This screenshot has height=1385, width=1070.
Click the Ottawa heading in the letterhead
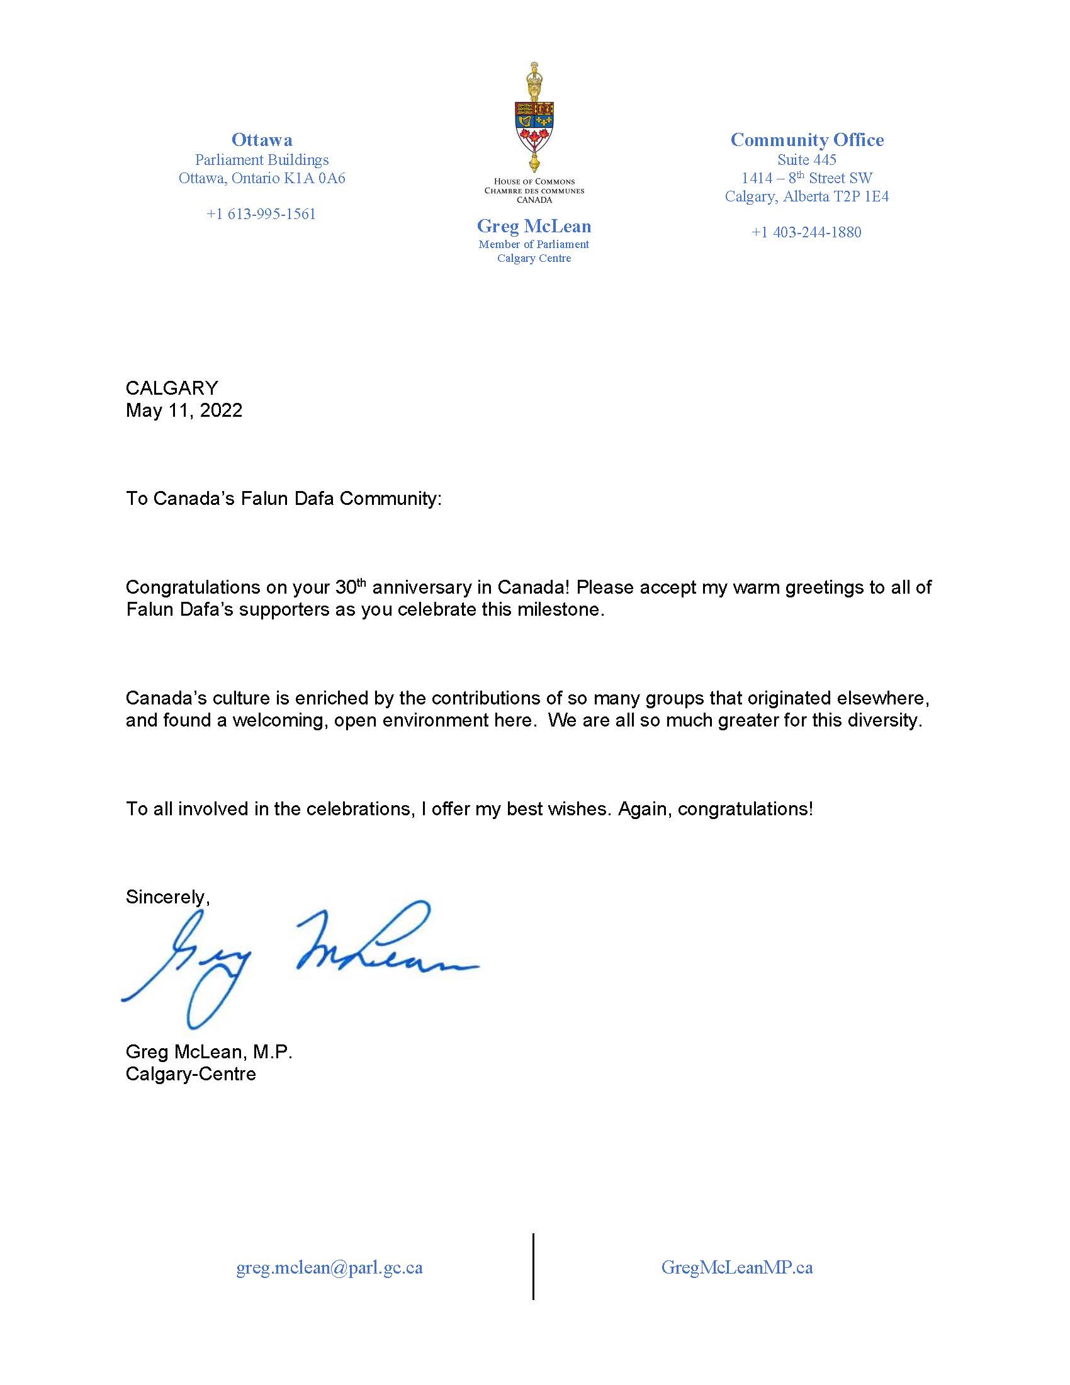click(262, 140)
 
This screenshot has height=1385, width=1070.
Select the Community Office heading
click(806, 140)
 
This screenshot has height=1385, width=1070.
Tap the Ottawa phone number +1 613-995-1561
click(261, 214)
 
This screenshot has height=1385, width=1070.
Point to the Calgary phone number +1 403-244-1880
click(806, 232)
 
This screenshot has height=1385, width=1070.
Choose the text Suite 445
click(806, 160)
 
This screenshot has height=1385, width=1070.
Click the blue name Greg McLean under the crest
click(534, 227)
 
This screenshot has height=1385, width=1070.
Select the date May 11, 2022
click(184, 410)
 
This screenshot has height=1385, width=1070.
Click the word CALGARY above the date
click(172, 388)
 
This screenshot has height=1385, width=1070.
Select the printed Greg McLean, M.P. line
click(208, 1052)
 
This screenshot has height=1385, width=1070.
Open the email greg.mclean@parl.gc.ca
click(329, 1268)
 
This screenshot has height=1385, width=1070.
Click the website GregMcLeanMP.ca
click(736, 1268)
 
